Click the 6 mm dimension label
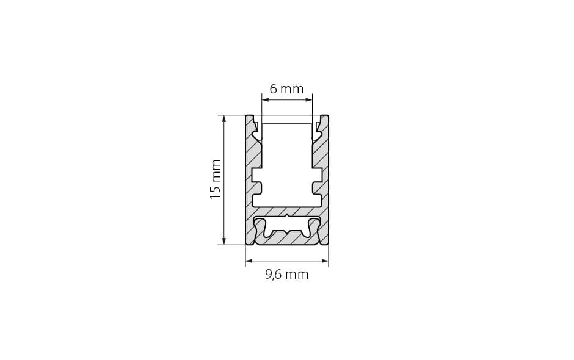(x=286, y=89)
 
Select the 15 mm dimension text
(x=216, y=179)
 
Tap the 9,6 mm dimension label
(x=286, y=275)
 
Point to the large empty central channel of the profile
(x=286, y=162)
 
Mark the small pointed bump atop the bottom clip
(x=286, y=215)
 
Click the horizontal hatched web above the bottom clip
(x=286, y=211)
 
